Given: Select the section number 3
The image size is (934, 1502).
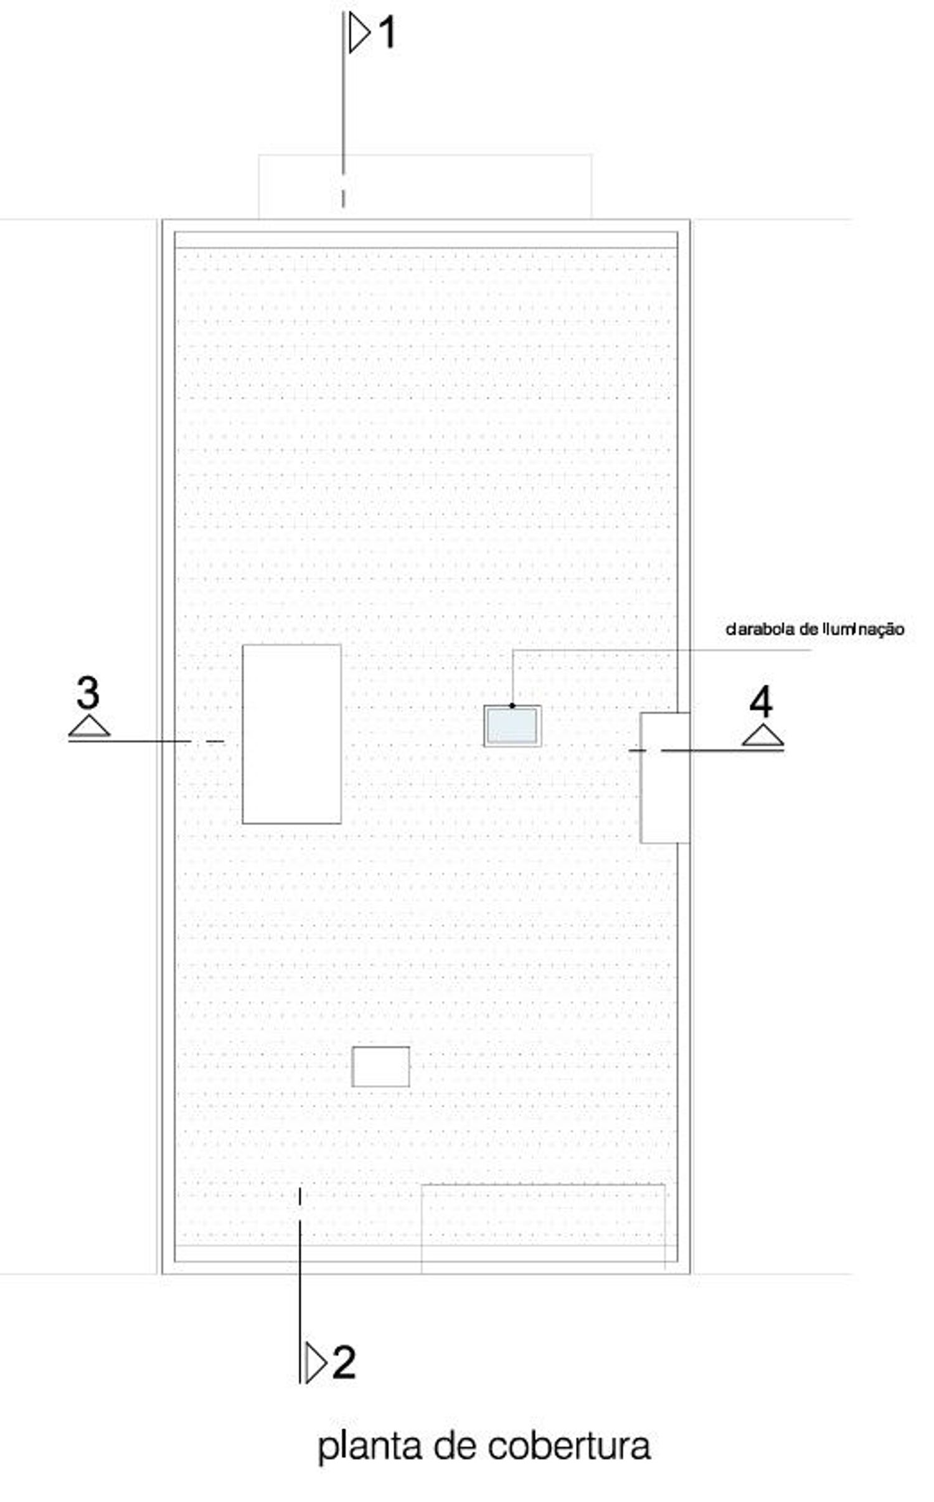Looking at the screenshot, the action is coord(88,693).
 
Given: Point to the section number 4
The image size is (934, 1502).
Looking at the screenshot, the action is coord(761,701).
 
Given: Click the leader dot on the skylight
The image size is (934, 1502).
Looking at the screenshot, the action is coord(512,706).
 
